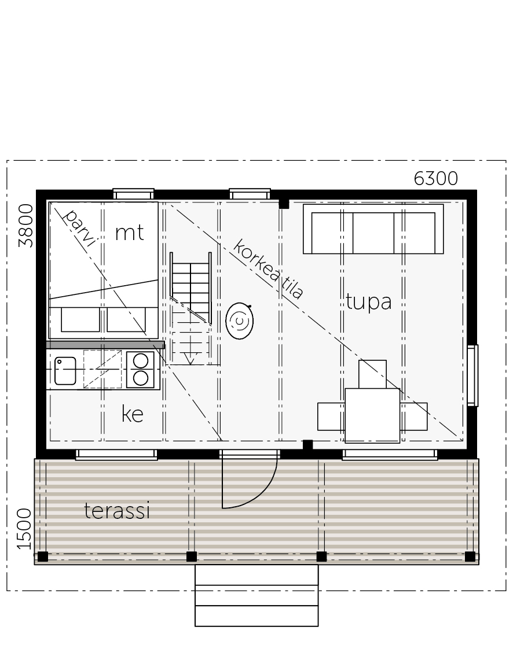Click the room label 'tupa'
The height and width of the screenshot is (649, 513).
[x=369, y=302]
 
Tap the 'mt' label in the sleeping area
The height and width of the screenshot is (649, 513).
[x=130, y=232]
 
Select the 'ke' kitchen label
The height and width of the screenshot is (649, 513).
[x=132, y=414]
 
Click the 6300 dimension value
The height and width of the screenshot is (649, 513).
[x=435, y=179]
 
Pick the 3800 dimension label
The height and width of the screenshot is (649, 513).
[x=25, y=226]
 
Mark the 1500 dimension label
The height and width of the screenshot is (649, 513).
[x=24, y=529]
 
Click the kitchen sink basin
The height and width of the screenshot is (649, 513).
[x=65, y=371]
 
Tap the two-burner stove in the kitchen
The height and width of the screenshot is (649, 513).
[x=141, y=370]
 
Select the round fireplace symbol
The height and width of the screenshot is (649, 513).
[x=240, y=321]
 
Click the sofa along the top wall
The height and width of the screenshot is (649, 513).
[x=373, y=229]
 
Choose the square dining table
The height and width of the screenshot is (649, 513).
[x=372, y=415]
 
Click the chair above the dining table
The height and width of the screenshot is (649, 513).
[x=372, y=374]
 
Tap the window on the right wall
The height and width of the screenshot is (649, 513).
[x=472, y=375]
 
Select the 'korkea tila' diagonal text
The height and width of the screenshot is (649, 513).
[x=268, y=269]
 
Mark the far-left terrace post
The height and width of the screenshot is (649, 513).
[x=43, y=556]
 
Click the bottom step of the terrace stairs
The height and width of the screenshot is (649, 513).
[x=256, y=616]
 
